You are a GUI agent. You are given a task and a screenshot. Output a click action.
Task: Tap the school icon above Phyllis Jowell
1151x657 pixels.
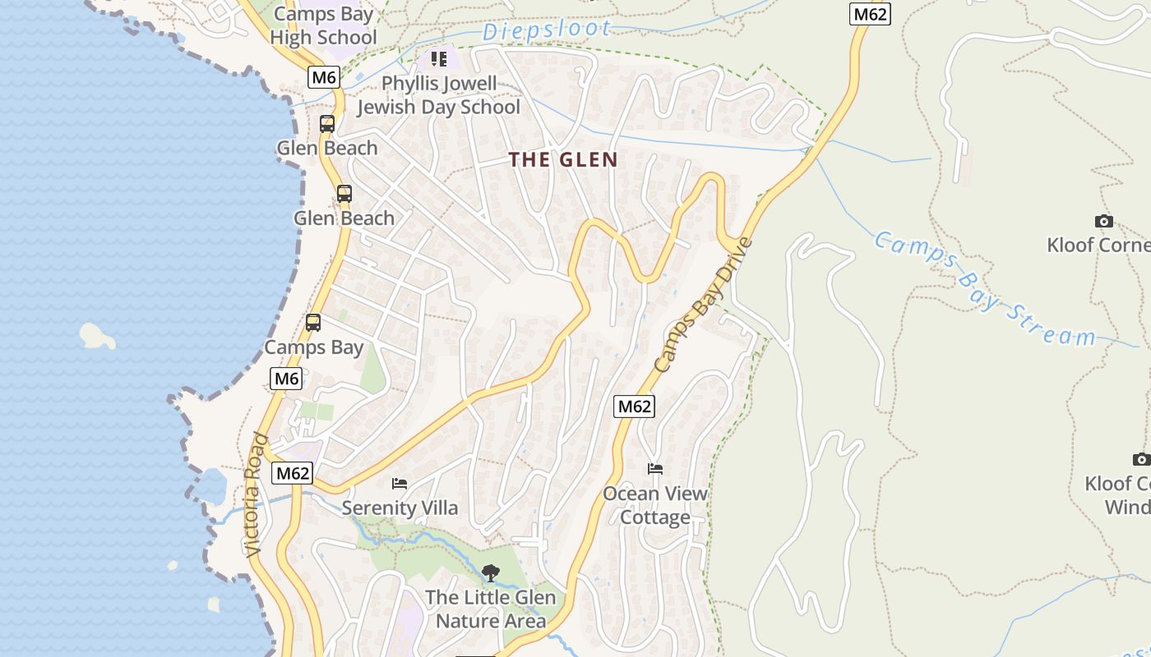point(438,59)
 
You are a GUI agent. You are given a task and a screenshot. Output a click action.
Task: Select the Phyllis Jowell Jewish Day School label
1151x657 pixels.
point(439,95)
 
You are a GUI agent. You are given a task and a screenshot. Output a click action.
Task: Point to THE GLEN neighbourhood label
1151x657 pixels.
point(563,160)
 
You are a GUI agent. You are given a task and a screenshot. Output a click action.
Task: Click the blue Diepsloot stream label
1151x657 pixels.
point(547,31)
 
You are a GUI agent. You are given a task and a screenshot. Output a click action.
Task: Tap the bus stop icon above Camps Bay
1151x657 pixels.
point(313,323)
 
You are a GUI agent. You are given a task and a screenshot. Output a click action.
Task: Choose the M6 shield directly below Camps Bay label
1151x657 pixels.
point(286,379)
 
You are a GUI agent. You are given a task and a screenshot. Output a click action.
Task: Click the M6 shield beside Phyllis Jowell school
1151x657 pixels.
point(324,77)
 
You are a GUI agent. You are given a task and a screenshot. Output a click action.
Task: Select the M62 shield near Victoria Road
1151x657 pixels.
point(294,473)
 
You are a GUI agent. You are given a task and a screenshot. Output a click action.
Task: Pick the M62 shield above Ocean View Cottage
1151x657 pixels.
point(635,406)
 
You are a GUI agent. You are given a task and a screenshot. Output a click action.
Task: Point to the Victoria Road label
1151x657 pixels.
point(257,495)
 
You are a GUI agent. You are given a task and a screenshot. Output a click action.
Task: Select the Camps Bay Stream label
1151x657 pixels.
point(983,289)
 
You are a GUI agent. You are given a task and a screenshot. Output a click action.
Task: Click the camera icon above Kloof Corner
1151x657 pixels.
point(1104,221)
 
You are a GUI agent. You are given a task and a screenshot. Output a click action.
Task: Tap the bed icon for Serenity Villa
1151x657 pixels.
point(400,484)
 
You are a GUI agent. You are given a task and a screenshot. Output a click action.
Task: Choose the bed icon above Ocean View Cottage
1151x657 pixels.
point(655,469)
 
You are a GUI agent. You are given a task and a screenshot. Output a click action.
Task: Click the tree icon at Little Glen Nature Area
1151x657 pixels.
point(491,572)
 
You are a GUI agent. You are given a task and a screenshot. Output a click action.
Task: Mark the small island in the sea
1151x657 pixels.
point(97,335)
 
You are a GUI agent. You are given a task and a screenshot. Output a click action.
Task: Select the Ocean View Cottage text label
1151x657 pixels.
point(655,505)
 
